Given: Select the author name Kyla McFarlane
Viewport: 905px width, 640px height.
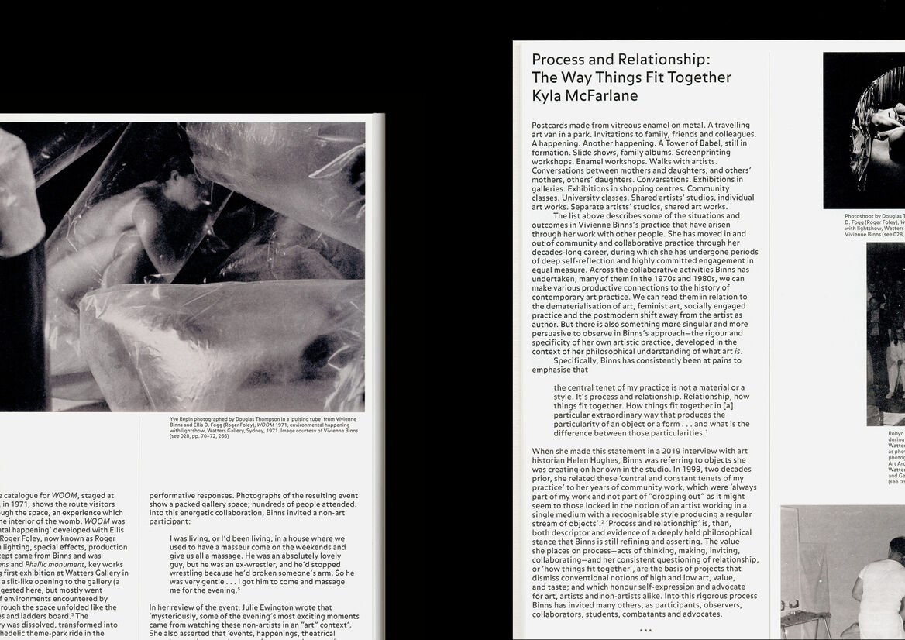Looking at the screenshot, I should pyautogui.click(x=584, y=96).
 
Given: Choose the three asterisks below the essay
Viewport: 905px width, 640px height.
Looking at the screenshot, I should pyautogui.click(x=645, y=631).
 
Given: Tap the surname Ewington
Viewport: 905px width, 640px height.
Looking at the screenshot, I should pyautogui.click(x=276, y=607).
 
